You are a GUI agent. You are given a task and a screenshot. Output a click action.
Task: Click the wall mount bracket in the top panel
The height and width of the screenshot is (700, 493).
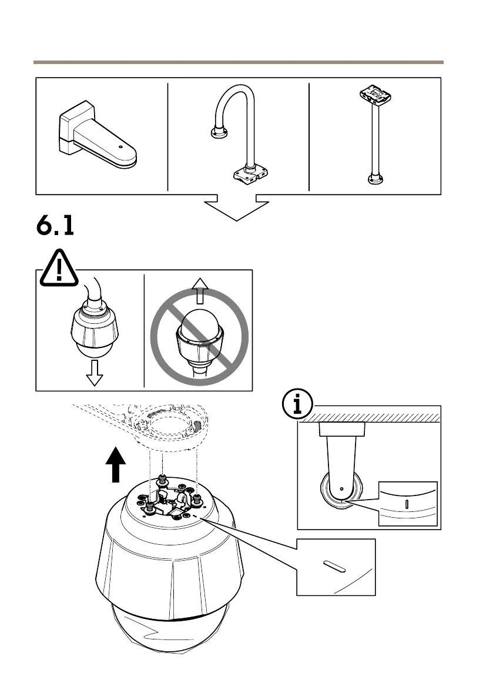pyautogui.click(x=97, y=137)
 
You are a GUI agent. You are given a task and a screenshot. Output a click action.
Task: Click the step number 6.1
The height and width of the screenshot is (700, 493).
pyautogui.click(x=55, y=226)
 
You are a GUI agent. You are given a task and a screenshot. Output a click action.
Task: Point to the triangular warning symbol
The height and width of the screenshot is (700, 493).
pyautogui.click(x=59, y=269)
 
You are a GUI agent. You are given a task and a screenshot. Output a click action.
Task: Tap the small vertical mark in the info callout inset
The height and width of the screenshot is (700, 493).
pyautogui.click(x=407, y=504)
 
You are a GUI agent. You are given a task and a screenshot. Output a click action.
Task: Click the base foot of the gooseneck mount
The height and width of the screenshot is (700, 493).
pyautogui.click(x=250, y=175)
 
